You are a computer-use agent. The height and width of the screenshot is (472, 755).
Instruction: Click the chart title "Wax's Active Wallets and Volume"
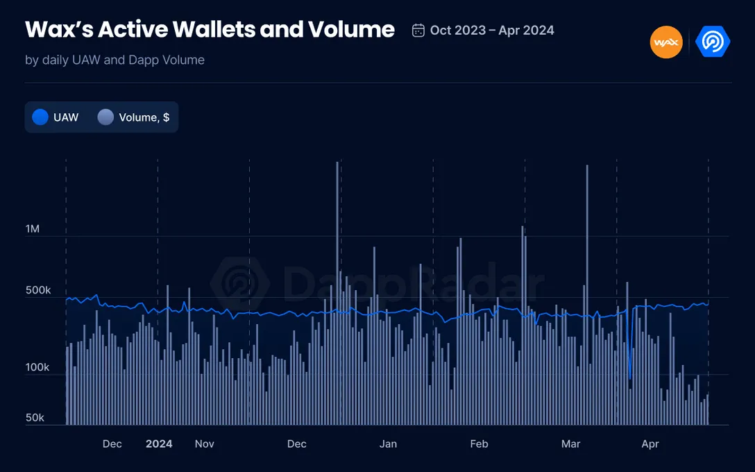210,30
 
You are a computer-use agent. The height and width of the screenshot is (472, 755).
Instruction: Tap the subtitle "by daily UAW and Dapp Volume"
114,60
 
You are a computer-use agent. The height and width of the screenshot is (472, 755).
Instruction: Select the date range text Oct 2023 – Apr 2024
492,31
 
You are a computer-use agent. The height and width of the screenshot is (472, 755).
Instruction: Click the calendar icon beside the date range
418,31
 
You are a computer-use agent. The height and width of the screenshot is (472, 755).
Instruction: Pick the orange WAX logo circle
666,42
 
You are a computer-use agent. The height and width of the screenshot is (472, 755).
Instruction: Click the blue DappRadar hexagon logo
713,42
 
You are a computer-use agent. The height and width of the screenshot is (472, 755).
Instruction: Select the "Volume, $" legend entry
135,117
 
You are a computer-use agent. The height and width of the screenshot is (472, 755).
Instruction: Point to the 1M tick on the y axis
33,229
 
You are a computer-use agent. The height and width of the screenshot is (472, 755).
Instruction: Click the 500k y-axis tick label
38,290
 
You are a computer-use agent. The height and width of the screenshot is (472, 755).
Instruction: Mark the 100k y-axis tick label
38,368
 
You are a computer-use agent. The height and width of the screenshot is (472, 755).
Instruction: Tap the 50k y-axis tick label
35,418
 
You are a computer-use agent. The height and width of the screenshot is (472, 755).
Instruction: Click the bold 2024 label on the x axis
159,444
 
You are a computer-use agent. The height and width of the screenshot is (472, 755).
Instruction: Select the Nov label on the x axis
204,444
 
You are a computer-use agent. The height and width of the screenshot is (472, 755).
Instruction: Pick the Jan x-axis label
388,444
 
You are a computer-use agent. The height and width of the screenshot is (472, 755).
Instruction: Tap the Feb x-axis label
479,444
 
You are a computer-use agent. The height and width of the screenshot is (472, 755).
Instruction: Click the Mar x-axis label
570,444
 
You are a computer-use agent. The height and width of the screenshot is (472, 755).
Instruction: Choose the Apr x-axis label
650,444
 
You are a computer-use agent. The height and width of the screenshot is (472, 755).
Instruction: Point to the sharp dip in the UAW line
629,377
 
